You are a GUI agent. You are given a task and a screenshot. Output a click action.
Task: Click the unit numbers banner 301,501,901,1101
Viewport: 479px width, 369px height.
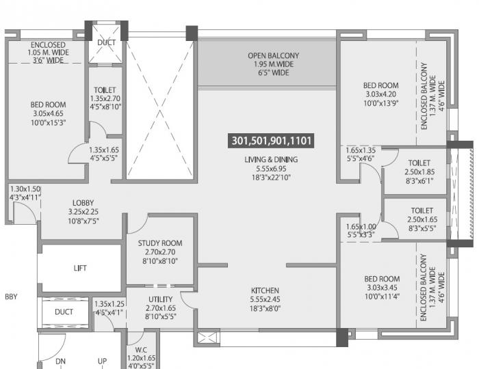(272, 141)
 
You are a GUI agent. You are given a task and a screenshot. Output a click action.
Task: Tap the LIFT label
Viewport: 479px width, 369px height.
(80, 269)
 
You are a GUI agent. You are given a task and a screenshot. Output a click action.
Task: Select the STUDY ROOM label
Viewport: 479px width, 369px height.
(159, 243)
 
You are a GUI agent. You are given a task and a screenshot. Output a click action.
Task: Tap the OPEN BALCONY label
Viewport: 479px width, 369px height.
(273, 56)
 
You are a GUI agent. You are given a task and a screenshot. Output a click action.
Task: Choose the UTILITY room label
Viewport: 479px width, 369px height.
(160, 299)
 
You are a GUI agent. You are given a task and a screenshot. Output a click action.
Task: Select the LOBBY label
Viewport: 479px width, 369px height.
(83, 203)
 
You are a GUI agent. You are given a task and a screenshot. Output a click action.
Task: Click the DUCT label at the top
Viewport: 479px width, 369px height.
(106, 42)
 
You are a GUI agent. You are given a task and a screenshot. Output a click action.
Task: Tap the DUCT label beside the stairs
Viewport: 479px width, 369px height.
(64, 312)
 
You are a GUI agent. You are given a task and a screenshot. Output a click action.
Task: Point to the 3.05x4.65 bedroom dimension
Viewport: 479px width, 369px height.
(47, 114)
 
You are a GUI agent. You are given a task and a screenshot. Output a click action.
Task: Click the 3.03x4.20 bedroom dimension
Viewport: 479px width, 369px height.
(380, 94)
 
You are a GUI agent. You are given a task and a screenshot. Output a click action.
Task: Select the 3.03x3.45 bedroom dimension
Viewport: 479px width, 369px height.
(381, 288)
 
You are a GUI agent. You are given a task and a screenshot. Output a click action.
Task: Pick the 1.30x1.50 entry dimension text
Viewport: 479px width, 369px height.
(25, 189)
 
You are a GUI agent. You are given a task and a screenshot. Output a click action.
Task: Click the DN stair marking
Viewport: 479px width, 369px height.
(60, 361)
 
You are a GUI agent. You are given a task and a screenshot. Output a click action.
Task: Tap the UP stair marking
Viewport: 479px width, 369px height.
(102, 361)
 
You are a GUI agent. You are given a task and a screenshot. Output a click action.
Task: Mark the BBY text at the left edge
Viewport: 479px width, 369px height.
(11, 297)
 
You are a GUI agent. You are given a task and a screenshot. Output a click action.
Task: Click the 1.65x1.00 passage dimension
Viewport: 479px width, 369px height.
(361, 226)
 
